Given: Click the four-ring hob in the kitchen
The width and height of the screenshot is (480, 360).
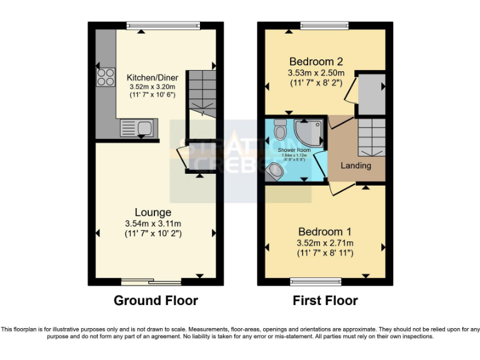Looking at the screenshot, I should tap(105, 76).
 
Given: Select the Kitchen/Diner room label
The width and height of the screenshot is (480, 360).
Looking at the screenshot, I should tap(152, 77).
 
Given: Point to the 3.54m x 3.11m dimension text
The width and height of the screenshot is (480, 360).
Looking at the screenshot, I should tap(155, 224).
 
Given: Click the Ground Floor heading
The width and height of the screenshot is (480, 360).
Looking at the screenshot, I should tap(156, 301).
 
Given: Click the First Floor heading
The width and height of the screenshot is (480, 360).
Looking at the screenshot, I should tap(325, 301).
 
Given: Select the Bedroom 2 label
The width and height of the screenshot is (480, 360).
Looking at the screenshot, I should tap(316, 62).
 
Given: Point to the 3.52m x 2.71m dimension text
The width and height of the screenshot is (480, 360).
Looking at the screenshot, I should tap(325, 242).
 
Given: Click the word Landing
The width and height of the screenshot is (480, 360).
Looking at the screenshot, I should tap(356, 166).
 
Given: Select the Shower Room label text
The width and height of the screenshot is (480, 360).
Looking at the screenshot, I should tap(294, 150).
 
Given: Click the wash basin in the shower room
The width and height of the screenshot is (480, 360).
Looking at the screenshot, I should tap(274, 171).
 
